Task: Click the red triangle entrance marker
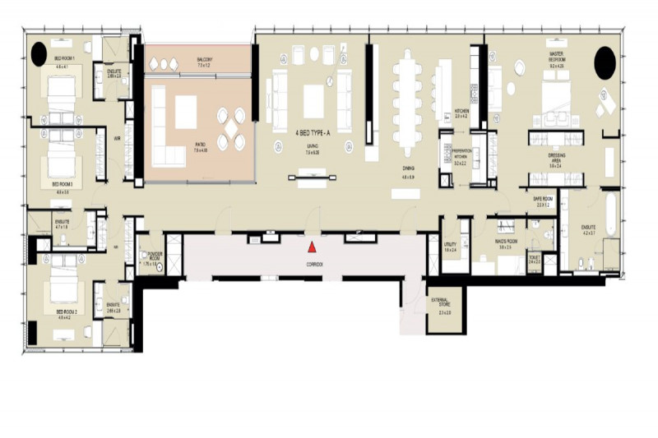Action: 312,247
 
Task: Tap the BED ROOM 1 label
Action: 65,59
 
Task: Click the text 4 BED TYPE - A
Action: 310,131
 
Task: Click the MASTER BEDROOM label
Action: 557,58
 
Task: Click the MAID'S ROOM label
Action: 504,241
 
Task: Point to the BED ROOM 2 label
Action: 67,313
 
